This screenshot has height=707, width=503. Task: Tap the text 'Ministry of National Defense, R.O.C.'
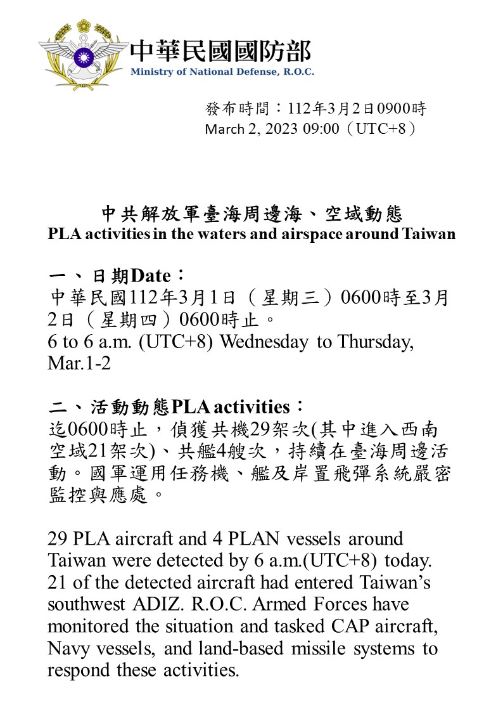click(222, 72)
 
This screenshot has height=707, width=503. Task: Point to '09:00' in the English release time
click(322, 129)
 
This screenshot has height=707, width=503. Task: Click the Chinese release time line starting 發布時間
click(315, 108)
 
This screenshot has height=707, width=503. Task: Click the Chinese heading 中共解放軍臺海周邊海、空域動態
click(251, 214)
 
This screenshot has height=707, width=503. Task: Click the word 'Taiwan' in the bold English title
click(429, 233)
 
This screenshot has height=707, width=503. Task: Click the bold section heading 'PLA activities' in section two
click(231, 406)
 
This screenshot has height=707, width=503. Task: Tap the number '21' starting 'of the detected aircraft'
click(58, 583)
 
